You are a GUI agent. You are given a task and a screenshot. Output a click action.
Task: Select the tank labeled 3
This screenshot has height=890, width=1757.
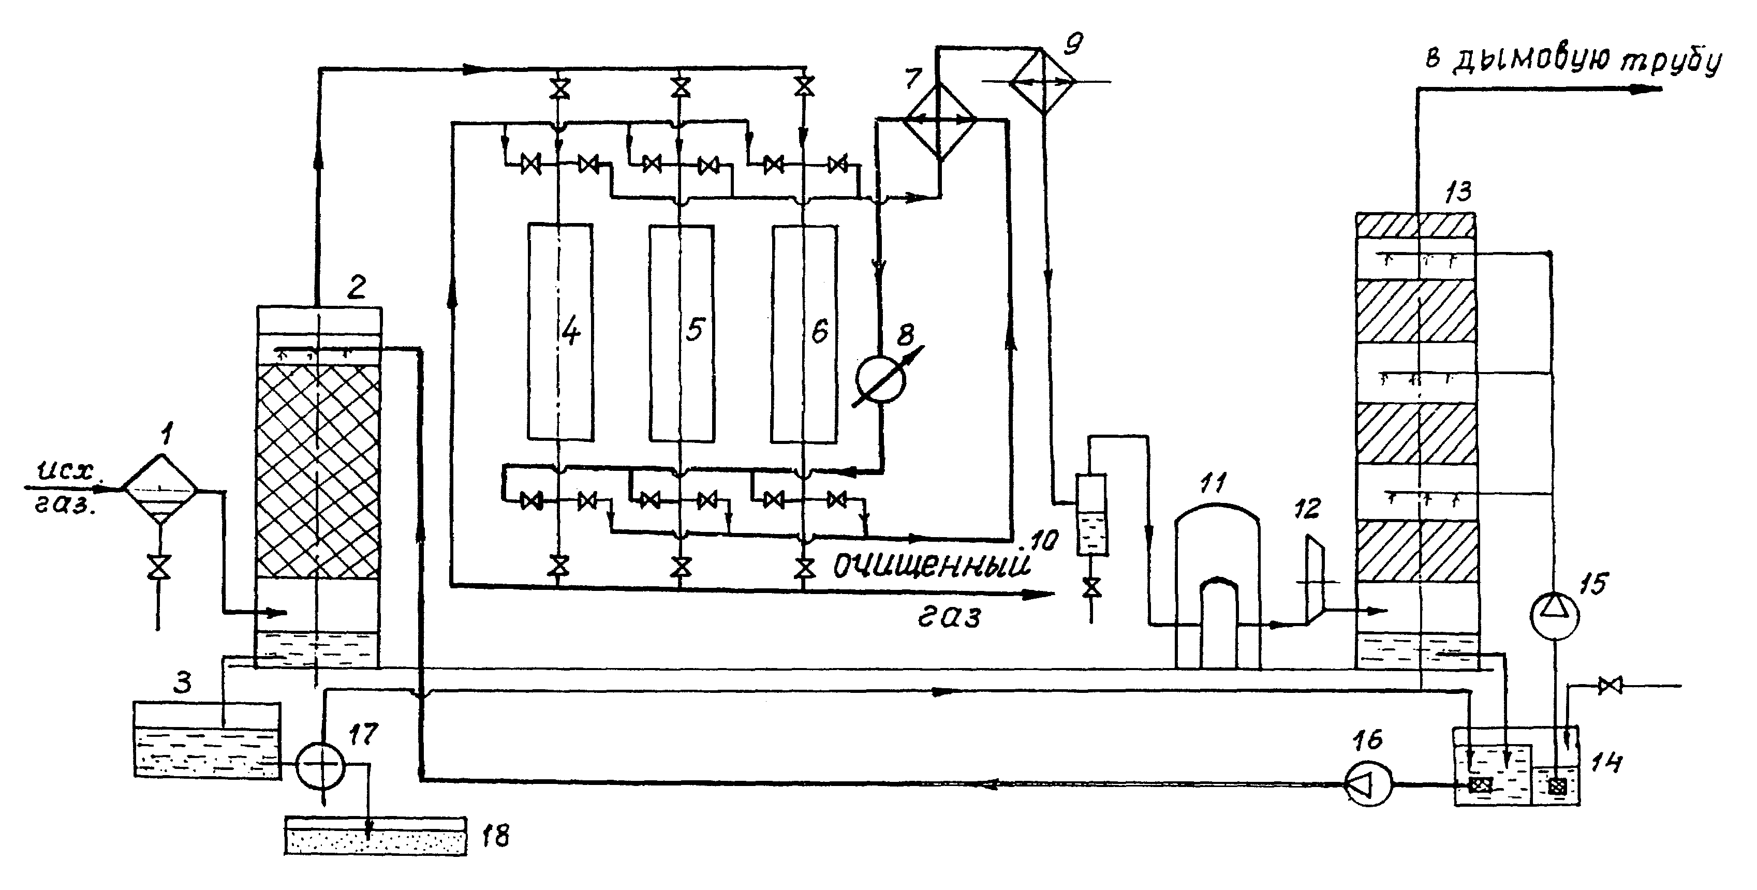(206, 740)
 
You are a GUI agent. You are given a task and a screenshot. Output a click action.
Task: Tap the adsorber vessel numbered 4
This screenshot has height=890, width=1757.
(560, 332)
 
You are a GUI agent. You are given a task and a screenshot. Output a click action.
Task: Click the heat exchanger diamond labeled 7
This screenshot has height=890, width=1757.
(940, 122)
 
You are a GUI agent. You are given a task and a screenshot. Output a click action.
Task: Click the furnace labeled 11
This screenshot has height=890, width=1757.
(1218, 586)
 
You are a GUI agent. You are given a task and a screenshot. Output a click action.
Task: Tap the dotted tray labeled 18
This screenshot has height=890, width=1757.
(376, 836)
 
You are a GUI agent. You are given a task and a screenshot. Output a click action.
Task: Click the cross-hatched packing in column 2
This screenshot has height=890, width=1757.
(318, 471)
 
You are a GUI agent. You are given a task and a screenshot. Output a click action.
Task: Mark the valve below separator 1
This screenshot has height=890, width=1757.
(159, 568)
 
